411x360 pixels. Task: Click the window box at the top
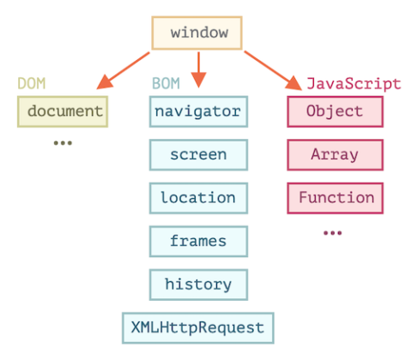(x=197, y=33)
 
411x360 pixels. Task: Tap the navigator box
(x=198, y=111)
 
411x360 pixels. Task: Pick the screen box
(x=198, y=154)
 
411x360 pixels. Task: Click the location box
(x=198, y=197)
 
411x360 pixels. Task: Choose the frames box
(x=198, y=241)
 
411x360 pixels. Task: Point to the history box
(x=198, y=284)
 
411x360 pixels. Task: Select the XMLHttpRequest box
(x=198, y=327)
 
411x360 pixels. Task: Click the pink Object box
(x=335, y=111)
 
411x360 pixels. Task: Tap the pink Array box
(x=335, y=154)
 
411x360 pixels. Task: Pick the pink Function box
(x=335, y=197)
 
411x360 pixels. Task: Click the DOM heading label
(x=32, y=84)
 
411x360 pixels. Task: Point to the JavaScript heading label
(x=354, y=84)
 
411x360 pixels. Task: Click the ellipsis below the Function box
(x=332, y=232)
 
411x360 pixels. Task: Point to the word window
(x=198, y=33)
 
